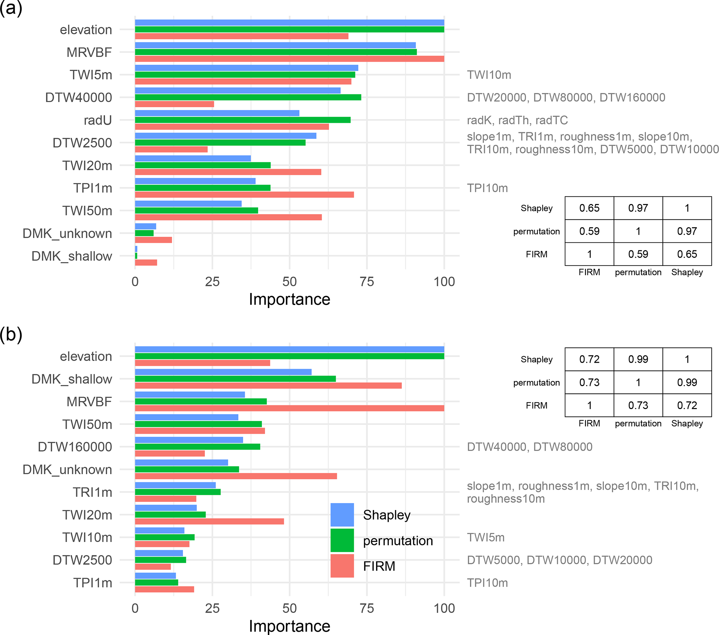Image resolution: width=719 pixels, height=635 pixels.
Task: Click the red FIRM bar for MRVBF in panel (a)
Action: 289,59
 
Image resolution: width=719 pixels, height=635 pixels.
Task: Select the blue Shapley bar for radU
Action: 217,113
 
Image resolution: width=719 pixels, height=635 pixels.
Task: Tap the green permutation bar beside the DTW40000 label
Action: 248,97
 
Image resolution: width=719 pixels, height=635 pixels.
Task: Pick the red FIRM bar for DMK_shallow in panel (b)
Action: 268,385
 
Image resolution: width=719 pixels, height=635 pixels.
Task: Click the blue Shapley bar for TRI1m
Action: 175,485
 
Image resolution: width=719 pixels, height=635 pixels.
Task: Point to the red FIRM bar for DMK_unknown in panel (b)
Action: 236,476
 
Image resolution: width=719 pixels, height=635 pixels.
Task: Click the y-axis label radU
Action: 98,120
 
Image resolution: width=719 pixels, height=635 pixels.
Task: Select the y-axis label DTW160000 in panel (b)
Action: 75,447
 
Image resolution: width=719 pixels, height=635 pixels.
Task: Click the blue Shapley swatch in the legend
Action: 342,515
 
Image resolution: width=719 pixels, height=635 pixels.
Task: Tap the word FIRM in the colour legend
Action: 379,566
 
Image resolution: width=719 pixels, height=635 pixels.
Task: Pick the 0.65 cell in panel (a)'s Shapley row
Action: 589,208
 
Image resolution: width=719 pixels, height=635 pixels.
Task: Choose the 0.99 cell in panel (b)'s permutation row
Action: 687,382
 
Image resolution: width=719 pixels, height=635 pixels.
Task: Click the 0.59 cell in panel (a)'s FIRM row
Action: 638,254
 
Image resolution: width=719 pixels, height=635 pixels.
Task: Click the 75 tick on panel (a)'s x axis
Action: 367,282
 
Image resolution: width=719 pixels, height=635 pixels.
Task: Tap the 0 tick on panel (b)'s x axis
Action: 135,608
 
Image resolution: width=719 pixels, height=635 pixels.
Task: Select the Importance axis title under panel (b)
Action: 289,626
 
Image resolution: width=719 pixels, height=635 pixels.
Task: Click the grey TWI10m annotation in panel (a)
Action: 489,75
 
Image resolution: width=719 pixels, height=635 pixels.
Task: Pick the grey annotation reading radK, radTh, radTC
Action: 517,120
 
